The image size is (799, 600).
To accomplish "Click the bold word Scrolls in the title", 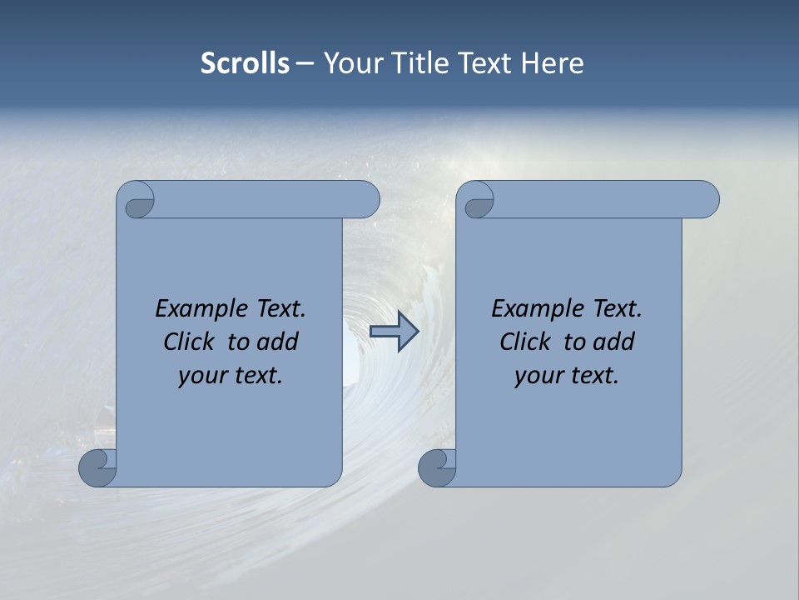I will click(245, 63).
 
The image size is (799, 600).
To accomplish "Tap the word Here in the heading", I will click(553, 63).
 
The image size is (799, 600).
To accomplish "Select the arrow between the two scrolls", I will click(394, 332).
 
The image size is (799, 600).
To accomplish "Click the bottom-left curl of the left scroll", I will click(97, 468).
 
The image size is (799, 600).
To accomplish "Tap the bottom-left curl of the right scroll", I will click(437, 468).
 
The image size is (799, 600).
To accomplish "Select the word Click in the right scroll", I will click(525, 342).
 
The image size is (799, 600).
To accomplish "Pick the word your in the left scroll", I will click(203, 376).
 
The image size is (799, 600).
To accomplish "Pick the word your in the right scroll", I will click(539, 376).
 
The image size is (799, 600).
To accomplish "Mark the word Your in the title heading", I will click(350, 63).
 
